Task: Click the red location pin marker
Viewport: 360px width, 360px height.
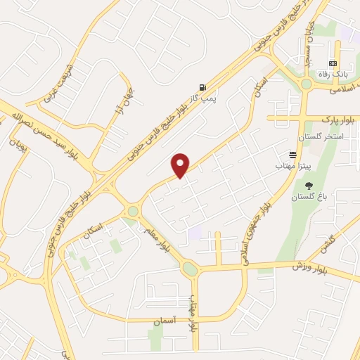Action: point(181,165)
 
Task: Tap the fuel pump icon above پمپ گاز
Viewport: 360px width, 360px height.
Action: point(203,87)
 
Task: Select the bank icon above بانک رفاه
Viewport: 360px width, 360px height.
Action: point(333,63)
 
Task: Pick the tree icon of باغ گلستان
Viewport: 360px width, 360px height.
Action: point(309,186)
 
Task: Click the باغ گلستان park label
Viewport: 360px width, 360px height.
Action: point(307,198)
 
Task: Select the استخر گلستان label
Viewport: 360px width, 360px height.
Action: point(320,136)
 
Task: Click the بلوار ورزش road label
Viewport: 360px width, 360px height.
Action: point(310,265)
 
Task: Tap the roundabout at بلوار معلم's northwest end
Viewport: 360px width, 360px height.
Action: point(133,211)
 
